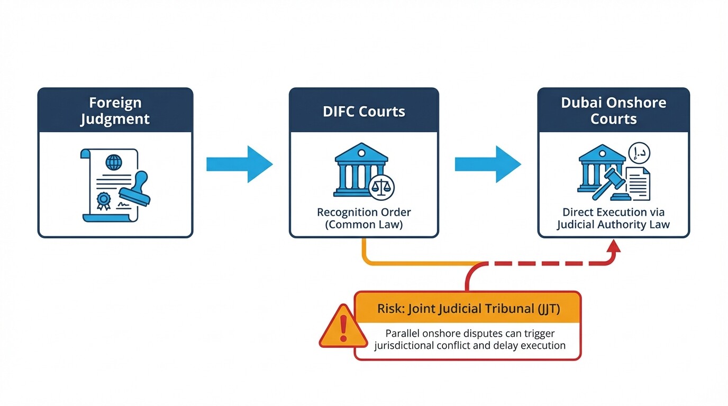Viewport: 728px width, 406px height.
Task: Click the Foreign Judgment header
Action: [x=115, y=110]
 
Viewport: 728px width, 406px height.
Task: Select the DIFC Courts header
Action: [x=364, y=112]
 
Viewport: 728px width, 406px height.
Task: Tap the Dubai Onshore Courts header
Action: [x=614, y=110]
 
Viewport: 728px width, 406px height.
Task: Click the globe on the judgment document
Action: [x=113, y=161]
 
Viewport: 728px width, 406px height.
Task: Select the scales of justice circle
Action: [x=381, y=187]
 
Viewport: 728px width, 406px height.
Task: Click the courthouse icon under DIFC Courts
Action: [x=360, y=169]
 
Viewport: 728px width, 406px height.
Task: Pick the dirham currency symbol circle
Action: [x=639, y=153]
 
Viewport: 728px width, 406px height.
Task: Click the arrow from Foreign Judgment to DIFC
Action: [x=239, y=164]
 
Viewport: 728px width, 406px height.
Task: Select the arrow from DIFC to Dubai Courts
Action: [x=488, y=164]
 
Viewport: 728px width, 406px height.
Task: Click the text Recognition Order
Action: [x=364, y=213]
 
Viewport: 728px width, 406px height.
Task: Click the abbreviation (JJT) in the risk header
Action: [x=548, y=309]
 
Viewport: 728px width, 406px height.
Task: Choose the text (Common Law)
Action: [x=364, y=225]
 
